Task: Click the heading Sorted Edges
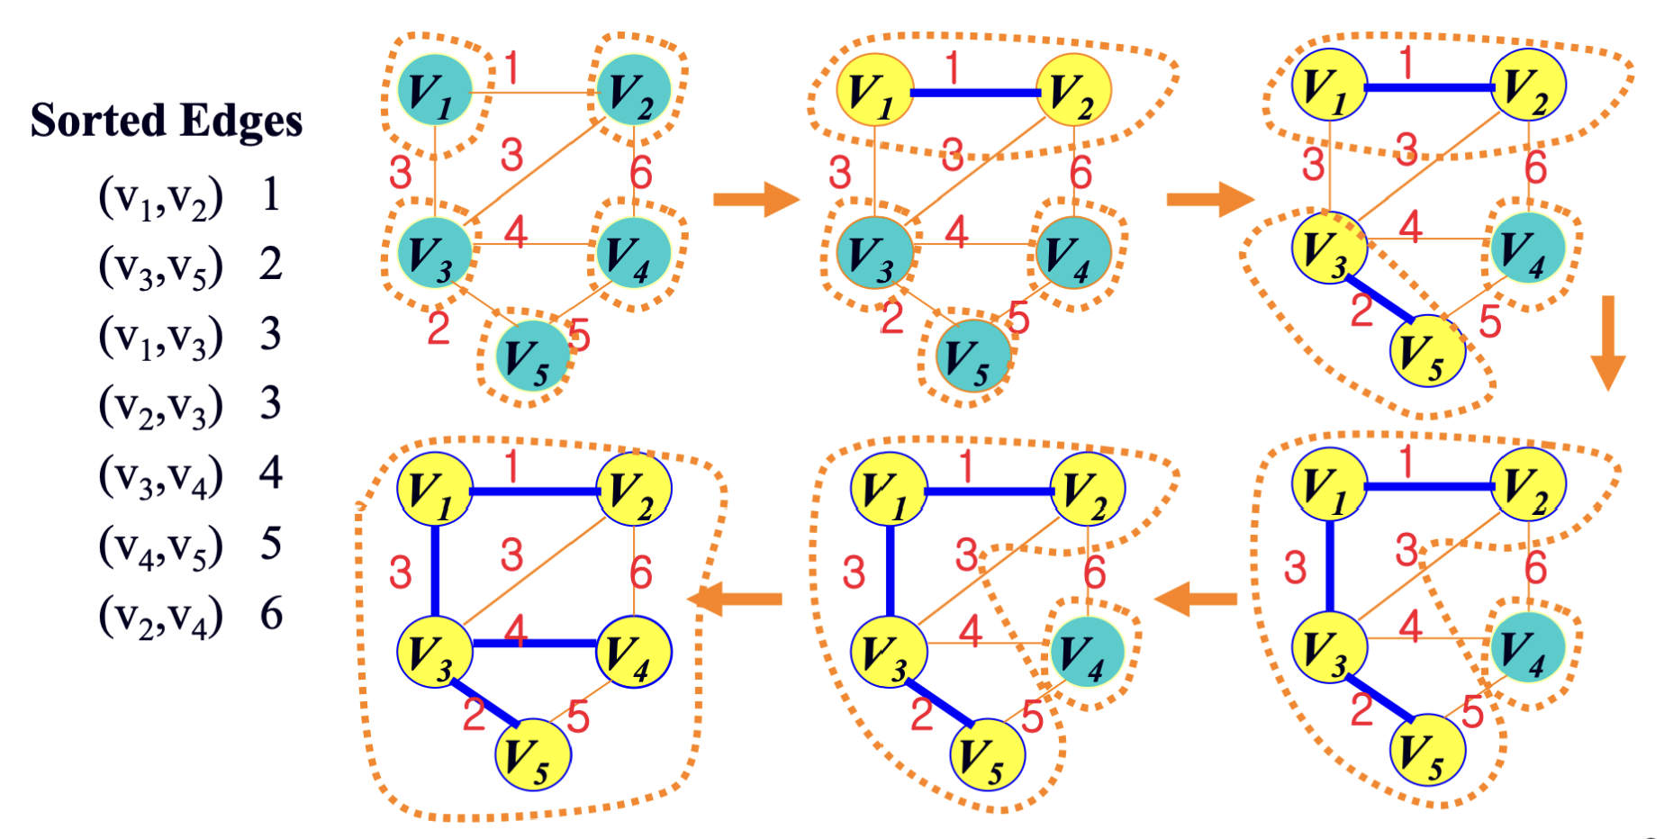click(x=167, y=121)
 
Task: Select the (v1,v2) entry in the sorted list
click(x=160, y=197)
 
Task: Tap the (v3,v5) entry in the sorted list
click(x=160, y=266)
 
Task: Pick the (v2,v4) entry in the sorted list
click(x=160, y=617)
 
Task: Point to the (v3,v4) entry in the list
click(x=160, y=476)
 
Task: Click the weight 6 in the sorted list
click(x=271, y=614)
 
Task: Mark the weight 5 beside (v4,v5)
click(x=271, y=544)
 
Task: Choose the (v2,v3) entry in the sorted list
click(x=160, y=406)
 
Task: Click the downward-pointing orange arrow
click(x=1607, y=342)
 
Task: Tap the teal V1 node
click(x=435, y=90)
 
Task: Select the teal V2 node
click(x=635, y=90)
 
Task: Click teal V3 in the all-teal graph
click(x=435, y=251)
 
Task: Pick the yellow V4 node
click(x=634, y=652)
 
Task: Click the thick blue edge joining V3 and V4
click(x=535, y=644)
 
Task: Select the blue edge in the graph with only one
click(x=975, y=93)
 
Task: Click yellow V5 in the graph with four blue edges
click(x=533, y=754)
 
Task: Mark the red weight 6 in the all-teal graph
click(x=641, y=172)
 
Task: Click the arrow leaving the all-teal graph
click(x=755, y=199)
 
